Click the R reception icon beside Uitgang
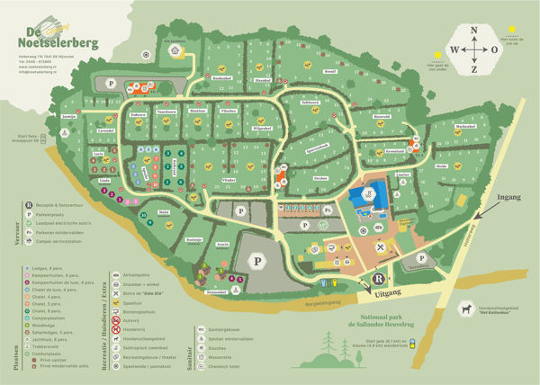379,279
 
